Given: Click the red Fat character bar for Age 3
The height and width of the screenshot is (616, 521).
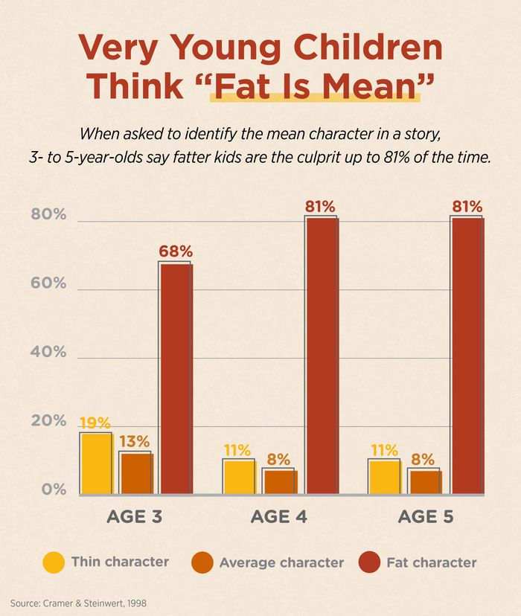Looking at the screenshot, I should click(176, 379).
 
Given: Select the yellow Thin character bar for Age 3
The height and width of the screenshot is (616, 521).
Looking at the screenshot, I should click(95, 463).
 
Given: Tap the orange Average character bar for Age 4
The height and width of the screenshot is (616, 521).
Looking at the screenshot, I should click(279, 481).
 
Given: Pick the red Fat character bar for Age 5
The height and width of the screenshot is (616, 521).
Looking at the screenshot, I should click(466, 355).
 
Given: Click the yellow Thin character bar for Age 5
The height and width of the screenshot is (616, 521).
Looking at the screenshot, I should click(384, 477).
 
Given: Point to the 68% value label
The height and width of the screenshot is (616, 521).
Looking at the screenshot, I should click(175, 251).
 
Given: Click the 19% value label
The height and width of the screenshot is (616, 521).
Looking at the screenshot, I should click(95, 423).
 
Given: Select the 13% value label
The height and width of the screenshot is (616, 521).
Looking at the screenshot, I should click(134, 442).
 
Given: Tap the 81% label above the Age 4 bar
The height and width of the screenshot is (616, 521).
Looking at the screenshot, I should click(320, 206).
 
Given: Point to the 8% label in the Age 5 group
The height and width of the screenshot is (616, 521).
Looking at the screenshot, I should click(423, 459).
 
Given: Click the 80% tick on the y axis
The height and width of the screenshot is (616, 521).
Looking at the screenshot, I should click(48, 216).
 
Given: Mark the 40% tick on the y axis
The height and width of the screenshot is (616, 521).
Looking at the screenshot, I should click(48, 353).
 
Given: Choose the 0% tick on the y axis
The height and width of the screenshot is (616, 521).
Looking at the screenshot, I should click(53, 490).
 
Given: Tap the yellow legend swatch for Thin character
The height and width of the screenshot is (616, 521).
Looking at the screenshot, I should click(54, 562).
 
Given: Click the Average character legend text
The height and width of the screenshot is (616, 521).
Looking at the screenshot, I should click(281, 563).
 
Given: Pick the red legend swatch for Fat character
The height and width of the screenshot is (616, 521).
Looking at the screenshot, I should click(369, 562).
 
